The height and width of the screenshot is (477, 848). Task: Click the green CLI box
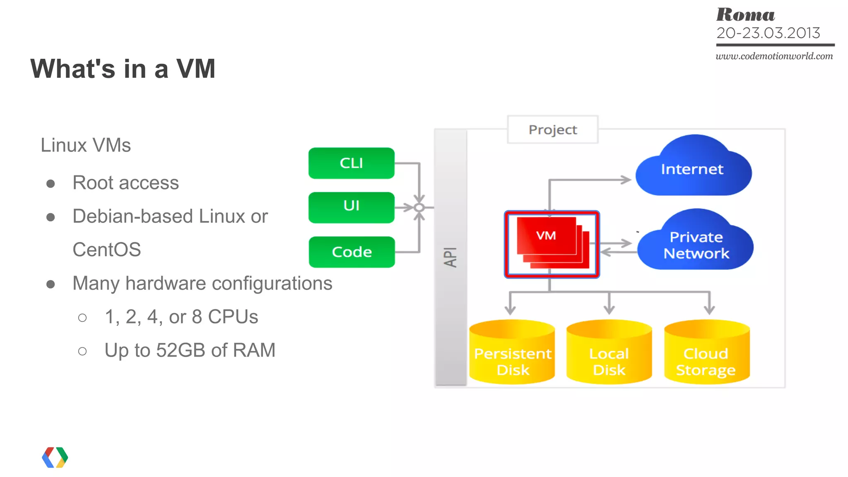tap(351, 163)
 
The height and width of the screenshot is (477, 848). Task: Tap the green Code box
tap(352, 252)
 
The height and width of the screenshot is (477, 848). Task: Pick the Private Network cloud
tap(696, 245)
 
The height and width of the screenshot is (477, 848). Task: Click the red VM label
tap(546, 236)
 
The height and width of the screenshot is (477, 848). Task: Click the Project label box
tap(552, 130)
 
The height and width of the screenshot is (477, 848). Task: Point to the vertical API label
tap(450, 257)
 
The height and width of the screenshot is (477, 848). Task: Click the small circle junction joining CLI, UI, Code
tap(419, 207)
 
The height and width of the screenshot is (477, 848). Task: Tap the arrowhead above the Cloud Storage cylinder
tap(709, 309)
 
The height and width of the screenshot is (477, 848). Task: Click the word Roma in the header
tap(745, 15)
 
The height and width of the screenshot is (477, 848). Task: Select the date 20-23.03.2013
tap(768, 33)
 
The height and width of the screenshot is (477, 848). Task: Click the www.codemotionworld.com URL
tap(774, 56)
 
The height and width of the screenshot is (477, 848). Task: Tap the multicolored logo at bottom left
tap(55, 457)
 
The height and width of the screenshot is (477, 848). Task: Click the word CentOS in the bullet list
tap(107, 250)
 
